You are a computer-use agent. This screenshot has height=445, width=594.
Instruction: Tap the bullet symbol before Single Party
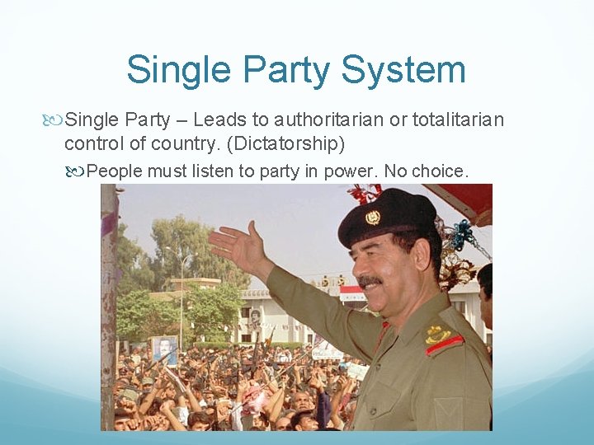click(55, 121)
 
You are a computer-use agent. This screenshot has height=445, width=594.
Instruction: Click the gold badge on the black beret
click(373, 217)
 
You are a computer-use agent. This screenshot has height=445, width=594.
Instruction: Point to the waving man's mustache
click(370, 281)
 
